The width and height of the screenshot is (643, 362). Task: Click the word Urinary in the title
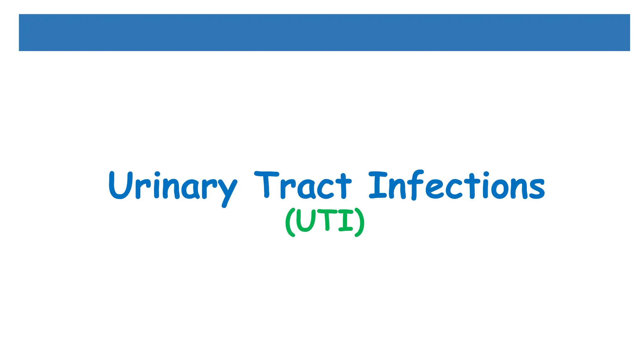[173, 186]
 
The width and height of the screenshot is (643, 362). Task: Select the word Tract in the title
[303, 186]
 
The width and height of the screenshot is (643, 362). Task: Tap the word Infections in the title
[457, 186]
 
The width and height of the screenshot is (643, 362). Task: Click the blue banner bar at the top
[324, 32]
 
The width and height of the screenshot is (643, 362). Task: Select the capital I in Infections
[378, 185]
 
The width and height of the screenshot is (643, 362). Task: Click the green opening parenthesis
[289, 222]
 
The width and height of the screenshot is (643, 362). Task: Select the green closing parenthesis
[360, 222]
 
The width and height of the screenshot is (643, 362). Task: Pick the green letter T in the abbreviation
[327, 220]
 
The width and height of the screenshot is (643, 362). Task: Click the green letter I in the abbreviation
[346, 221]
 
